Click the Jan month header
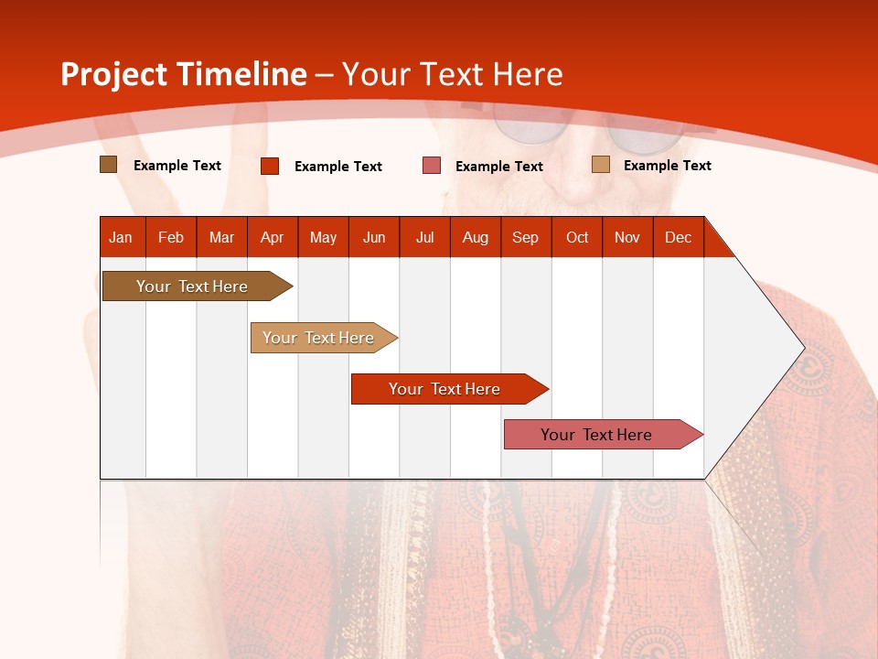[x=122, y=237]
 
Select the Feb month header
[x=171, y=237]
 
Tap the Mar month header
[x=221, y=237]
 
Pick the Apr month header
[x=273, y=237]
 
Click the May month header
[x=323, y=237]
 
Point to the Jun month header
[x=374, y=237]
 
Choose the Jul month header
[x=424, y=237]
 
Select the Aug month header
[x=476, y=237]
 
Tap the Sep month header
[x=526, y=237]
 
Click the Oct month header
[x=577, y=237]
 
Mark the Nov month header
[x=627, y=237]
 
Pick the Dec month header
[x=679, y=237]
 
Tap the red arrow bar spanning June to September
[x=445, y=389]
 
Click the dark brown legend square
[x=109, y=165]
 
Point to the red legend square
[x=270, y=166]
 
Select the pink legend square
[x=432, y=166]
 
